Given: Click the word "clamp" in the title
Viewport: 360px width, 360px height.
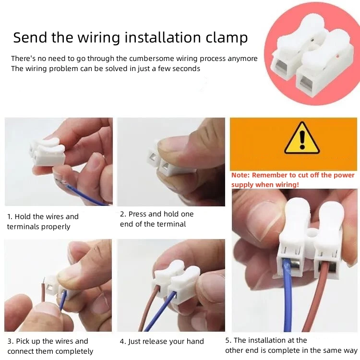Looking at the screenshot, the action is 227,37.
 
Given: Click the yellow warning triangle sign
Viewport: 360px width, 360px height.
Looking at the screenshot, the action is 302,138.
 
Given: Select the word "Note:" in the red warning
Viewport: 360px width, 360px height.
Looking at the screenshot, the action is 240,175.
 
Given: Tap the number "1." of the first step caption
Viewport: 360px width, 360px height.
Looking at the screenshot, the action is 10,216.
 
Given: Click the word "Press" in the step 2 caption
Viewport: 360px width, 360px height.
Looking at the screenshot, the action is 137,214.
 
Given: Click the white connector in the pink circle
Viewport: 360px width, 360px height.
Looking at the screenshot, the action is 312,55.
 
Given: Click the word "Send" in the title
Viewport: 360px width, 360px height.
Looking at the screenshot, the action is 30,37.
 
